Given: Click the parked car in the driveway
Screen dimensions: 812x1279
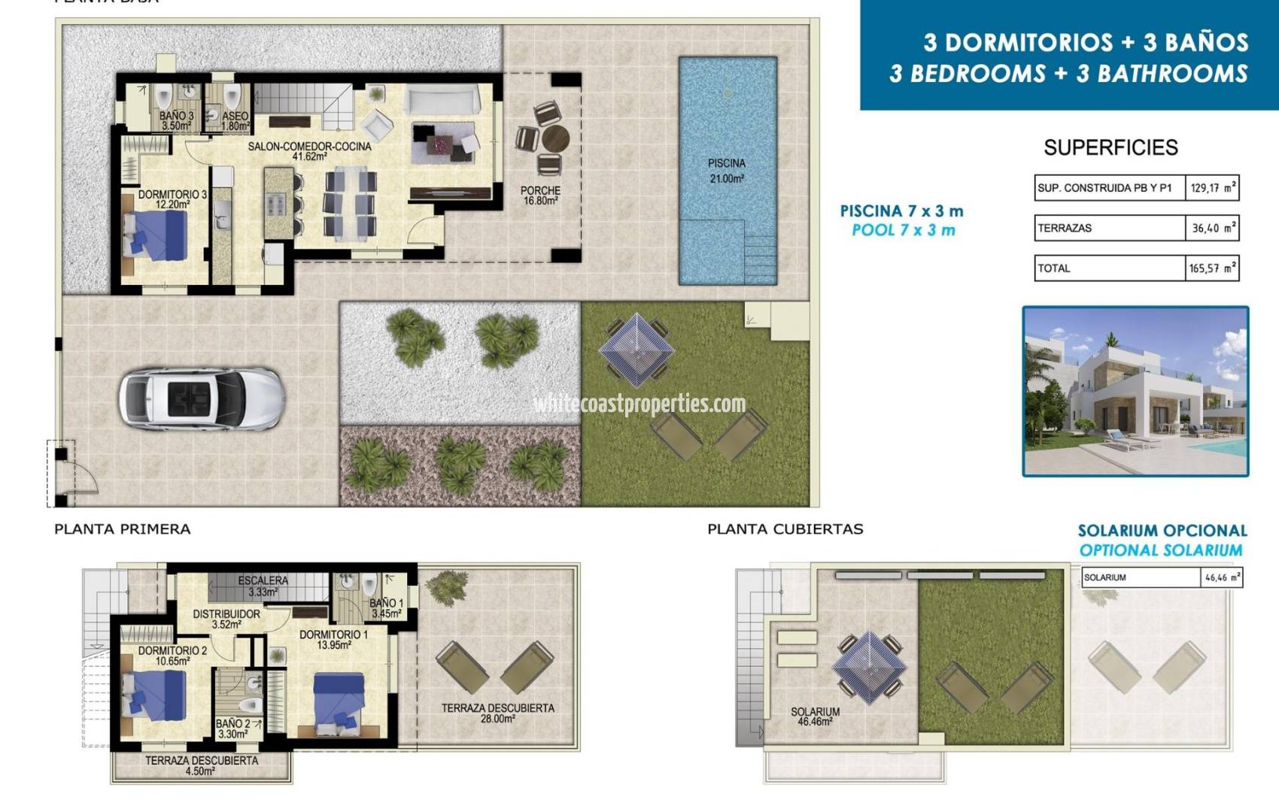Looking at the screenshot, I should coord(202,398).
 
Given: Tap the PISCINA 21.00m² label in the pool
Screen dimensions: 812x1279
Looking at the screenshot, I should coord(727,171).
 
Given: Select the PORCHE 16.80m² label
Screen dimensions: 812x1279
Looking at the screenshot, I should coord(540,195).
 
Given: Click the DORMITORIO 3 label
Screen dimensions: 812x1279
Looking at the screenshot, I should coord(172,199).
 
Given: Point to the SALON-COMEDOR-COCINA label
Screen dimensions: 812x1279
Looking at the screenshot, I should coord(309,151).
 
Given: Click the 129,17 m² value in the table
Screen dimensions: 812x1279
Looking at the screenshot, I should coord(1212,188).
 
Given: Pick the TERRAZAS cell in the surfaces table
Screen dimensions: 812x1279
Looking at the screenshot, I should coord(1109,228).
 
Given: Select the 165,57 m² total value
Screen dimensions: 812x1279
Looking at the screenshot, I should coord(1212,268).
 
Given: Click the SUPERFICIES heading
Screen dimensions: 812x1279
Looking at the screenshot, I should coord(1110,147).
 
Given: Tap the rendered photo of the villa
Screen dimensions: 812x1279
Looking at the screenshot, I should coord(1135,392).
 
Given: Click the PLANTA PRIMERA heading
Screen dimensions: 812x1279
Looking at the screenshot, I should coord(123,529).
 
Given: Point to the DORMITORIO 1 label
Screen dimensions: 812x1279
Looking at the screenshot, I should coord(334,640).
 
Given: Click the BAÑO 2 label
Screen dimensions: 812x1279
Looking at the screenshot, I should coord(232,729).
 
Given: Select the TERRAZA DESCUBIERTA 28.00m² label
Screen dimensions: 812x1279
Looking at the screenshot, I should coord(497,714).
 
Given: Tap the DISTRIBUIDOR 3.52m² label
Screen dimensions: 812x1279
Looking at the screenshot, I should coord(226,619).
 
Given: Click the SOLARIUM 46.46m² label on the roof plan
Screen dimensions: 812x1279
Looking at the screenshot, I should coord(815,717).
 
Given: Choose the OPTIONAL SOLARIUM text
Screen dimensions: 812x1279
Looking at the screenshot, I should coord(1161,550).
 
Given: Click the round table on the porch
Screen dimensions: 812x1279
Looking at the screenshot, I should coord(555,139).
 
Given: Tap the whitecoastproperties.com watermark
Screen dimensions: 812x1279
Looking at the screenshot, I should coord(639,404).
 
